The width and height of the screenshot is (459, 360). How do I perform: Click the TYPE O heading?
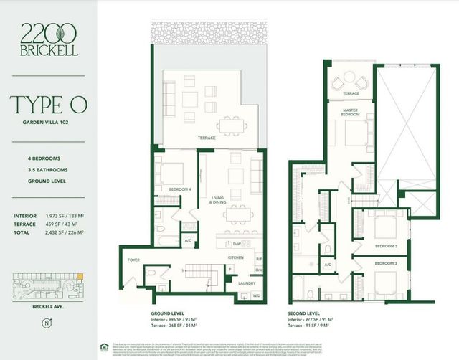pyautogui.click(x=49, y=105)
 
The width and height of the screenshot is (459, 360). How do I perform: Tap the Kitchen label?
pyautogui.click(x=237, y=255)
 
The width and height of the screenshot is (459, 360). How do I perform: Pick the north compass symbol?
pyautogui.click(x=47, y=322)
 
